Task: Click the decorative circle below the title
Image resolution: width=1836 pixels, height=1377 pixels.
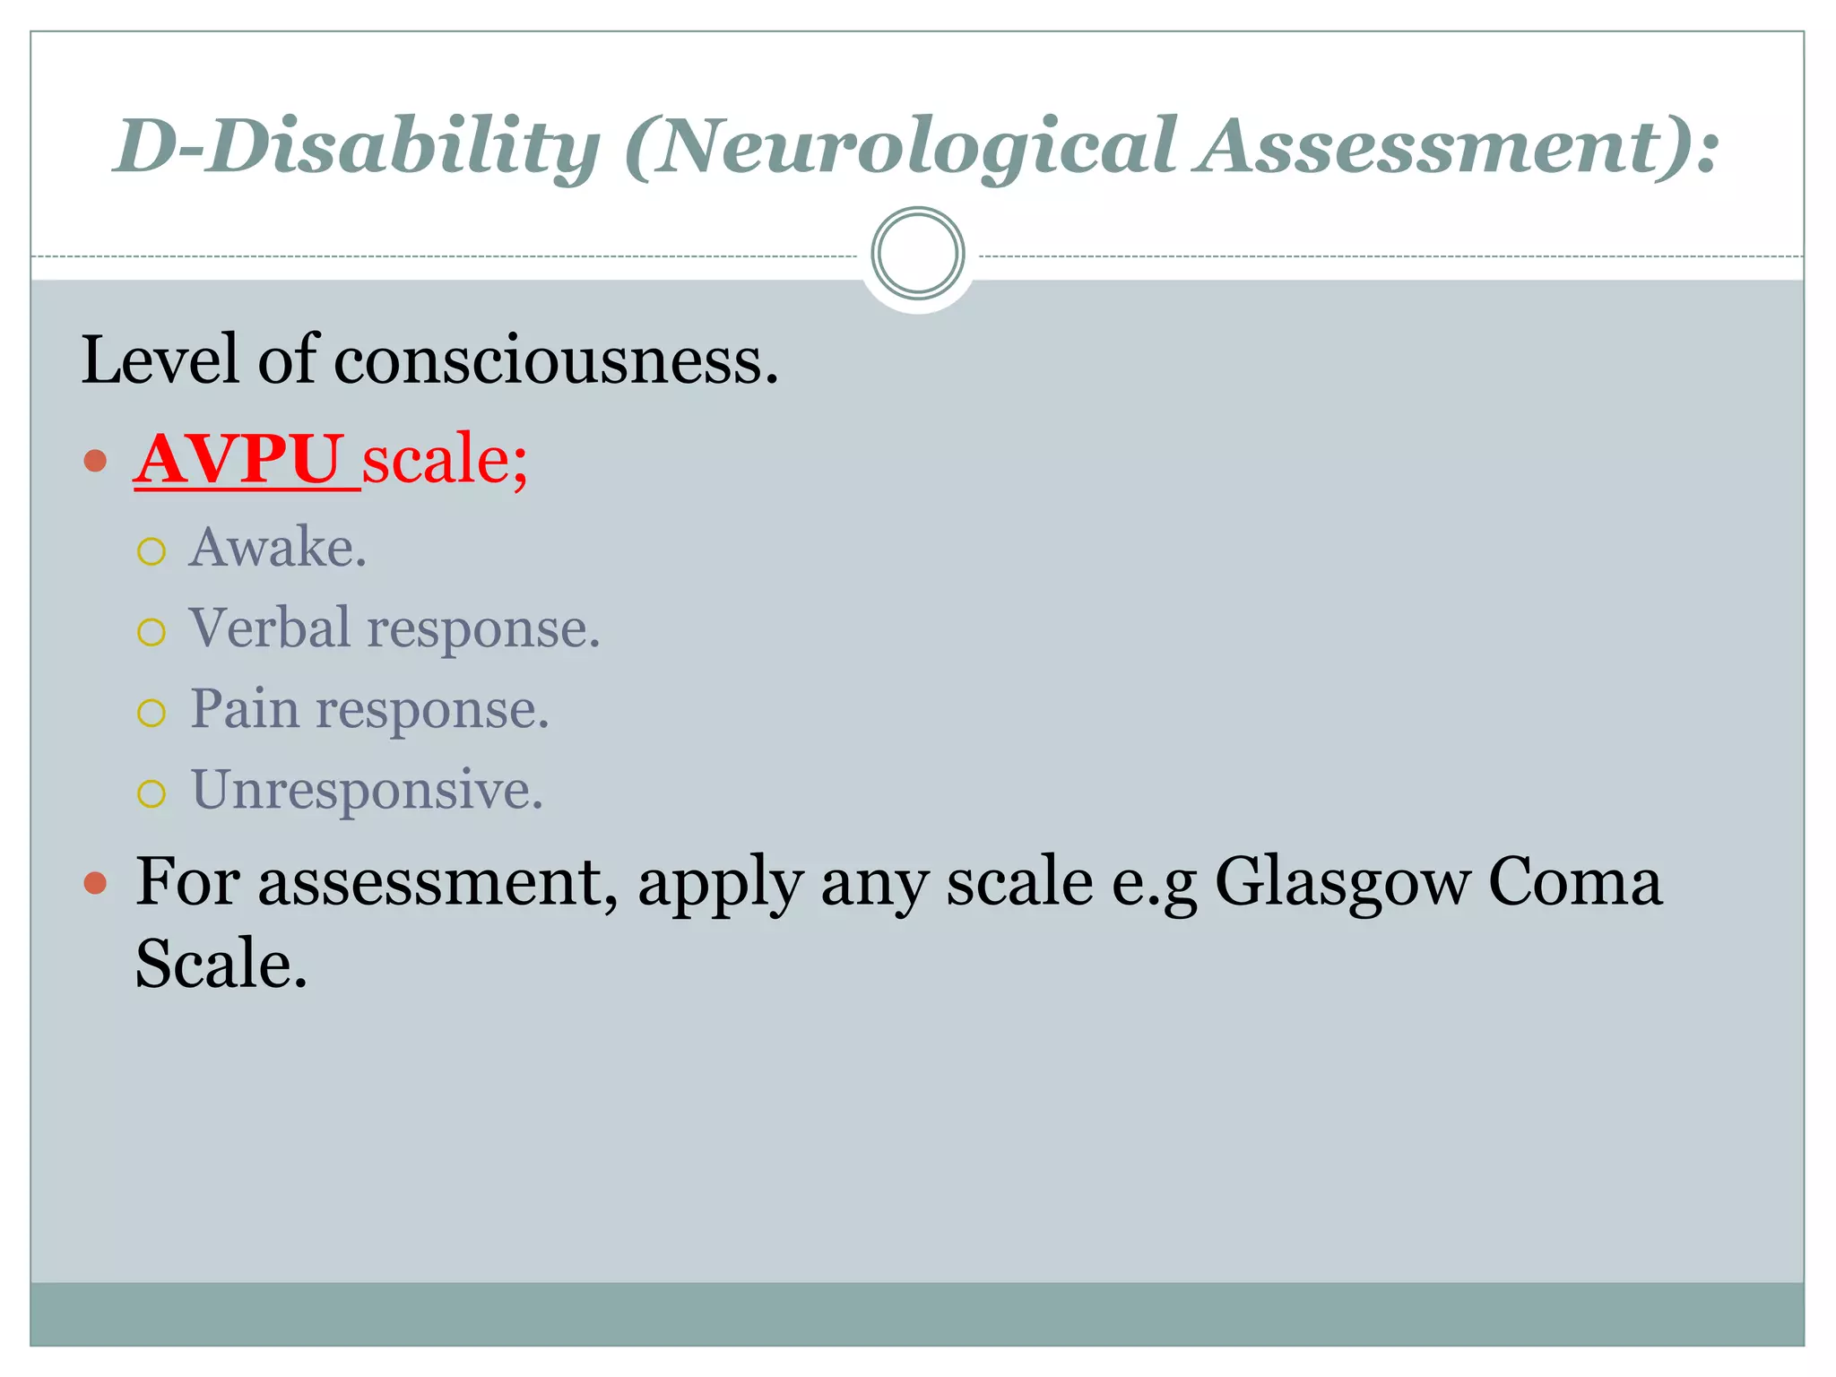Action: [x=917, y=254]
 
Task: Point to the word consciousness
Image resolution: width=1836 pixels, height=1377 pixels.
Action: [x=556, y=359]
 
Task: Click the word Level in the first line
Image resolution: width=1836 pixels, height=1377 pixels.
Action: [x=161, y=359]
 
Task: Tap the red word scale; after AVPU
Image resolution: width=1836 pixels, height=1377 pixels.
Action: [x=445, y=459]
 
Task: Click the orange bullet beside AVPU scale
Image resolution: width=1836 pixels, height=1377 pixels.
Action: [x=95, y=462]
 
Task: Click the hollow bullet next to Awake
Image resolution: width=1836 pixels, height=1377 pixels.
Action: [x=152, y=551]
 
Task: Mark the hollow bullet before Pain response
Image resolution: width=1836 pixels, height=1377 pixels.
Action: [x=152, y=714]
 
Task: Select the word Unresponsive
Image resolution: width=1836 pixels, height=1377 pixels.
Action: [x=367, y=790]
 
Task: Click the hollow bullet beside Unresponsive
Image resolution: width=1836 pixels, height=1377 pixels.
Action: [x=152, y=793]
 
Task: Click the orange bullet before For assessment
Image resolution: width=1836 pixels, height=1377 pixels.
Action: [x=95, y=884]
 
